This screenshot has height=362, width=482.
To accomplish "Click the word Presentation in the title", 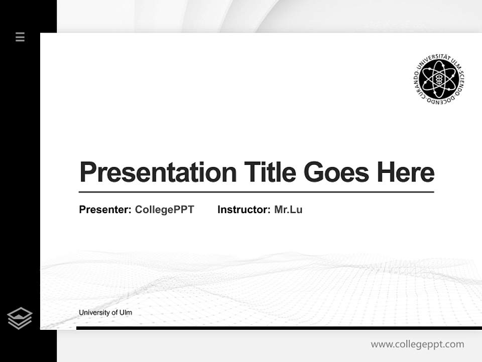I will [158, 172].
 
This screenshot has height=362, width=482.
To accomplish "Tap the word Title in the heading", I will [270, 172].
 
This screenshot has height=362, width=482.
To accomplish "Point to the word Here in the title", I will [406, 172].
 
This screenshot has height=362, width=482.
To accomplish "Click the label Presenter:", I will [105, 210].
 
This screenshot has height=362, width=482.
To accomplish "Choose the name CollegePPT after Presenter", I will [164, 210].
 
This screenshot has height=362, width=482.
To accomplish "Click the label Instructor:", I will [244, 210].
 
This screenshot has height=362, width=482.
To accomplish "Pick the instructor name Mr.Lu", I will [288, 210].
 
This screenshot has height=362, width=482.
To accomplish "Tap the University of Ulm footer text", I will [105, 313].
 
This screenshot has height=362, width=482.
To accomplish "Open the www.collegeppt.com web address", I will [417, 344].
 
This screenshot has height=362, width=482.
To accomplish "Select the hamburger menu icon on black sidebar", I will [20, 37].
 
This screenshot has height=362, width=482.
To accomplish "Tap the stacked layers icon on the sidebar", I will [20, 318].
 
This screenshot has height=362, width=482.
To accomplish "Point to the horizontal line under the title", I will [256, 192].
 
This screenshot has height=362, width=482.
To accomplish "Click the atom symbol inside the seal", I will [438, 79].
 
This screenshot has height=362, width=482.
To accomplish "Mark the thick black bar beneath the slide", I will [279, 328].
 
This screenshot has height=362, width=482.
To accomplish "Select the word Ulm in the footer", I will [126, 313].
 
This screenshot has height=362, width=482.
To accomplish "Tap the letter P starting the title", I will [87, 172].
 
